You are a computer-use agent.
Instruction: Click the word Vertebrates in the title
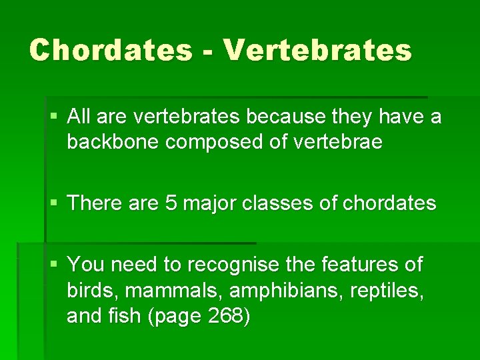coord(318,50)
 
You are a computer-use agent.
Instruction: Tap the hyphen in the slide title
coord(213,52)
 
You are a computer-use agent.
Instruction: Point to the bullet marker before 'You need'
coord(54,265)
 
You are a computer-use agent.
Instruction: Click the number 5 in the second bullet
coord(171,203)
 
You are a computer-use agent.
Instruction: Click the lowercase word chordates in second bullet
coord(389,203)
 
